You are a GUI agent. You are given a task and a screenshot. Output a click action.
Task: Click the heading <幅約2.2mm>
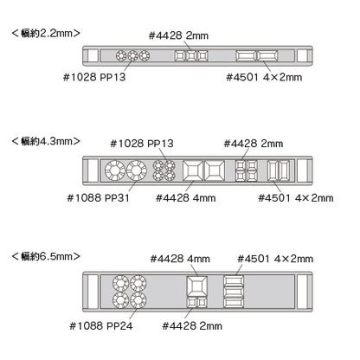pyautogui.click(x=46, y=33)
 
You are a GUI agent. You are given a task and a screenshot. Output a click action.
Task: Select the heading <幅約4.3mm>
pyautogui.click(x=46, y=141)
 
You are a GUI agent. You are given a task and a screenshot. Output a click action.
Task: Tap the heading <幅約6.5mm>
pyautogui.click(x=46, y=256)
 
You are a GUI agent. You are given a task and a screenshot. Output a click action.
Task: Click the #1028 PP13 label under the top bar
pyautogui.click(x=94, y=77)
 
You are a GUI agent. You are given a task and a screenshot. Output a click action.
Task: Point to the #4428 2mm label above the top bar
pyautogui.click(x=178, y=35)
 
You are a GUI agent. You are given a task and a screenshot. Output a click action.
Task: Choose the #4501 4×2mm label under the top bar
pyautogui.click(x=264, y=77)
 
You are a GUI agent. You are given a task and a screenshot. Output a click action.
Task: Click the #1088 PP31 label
pyautogui.click(x=98, y=198)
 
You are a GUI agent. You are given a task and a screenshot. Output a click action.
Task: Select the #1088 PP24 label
pyautogui.click(x=101, y=326)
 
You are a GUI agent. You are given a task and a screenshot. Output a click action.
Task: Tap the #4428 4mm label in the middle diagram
pyautogui.click(x=185, y=198)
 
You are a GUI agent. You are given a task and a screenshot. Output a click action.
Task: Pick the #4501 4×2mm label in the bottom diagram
pyautogui.click(x=275, y=259)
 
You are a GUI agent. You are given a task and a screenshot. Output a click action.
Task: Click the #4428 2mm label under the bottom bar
pyautogui.click(x=192, y=326)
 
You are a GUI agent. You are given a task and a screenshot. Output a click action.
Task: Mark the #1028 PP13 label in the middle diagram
pyautogui.click(x=142, y=144)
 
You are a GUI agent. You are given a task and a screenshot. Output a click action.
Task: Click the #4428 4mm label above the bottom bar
pyautogui.click(x=180, y=259)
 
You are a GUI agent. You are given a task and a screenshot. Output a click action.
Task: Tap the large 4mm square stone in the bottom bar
pyautogui.click(x=196, y=286)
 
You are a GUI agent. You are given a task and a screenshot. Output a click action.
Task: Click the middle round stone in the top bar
pyautogui.click(x=132, y=55)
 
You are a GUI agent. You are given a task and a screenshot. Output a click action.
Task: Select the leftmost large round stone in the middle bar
pyautogui.click(x=115, y=170)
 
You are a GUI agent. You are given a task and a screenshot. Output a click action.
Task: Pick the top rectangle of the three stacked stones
pyautogui.click(x=234, y=280)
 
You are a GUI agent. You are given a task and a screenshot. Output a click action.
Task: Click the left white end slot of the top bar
pyautogui.click(x=93, y=55)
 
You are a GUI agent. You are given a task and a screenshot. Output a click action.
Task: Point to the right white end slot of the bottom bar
pyautogui.click(x=303, y=292)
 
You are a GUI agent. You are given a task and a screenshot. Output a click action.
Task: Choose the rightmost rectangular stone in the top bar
pyautogui.click(x=267, y=55)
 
